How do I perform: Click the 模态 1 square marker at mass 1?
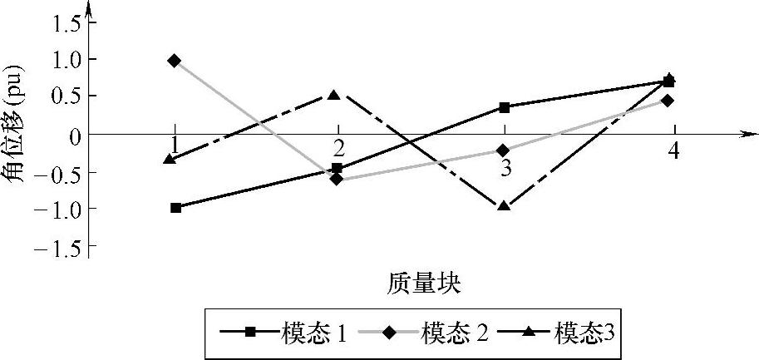[x=175, y=207]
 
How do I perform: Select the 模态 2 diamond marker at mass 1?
[x=174, y=61]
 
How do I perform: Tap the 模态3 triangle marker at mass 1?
[x=170, y=158]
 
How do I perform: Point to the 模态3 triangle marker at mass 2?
[x=334, y=96]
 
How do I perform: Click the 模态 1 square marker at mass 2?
[x=337, y=168]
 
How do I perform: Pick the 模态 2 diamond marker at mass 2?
[x=336, y=179]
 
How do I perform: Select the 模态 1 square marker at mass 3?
[x=505, y=107]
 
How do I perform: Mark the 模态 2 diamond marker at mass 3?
[x=502, y=150]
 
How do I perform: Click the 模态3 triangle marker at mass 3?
[x=503, y=205]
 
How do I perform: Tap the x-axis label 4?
[x=673, y=152]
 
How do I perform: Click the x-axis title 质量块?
[x=424, y=283]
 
